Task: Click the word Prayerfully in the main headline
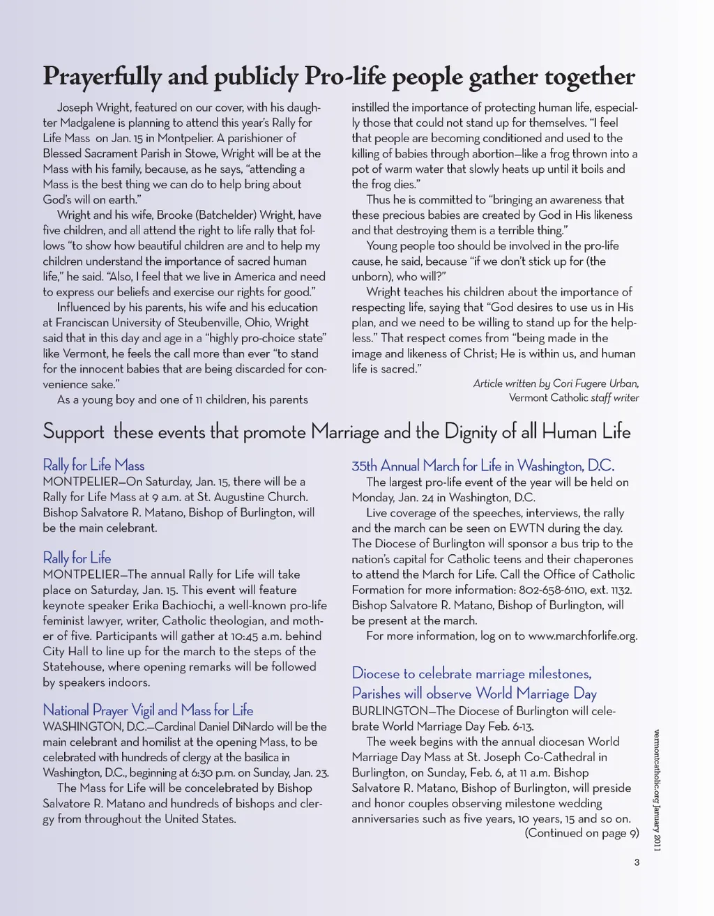point(102,77)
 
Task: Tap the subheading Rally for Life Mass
point(93,465)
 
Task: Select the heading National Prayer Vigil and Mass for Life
point(148,710)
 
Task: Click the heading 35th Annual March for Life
point(483,466)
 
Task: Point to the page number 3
point(637,863)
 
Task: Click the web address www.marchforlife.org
point(583,636)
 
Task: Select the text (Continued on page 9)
point(582,833)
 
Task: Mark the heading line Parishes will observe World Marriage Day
point(474,694)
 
